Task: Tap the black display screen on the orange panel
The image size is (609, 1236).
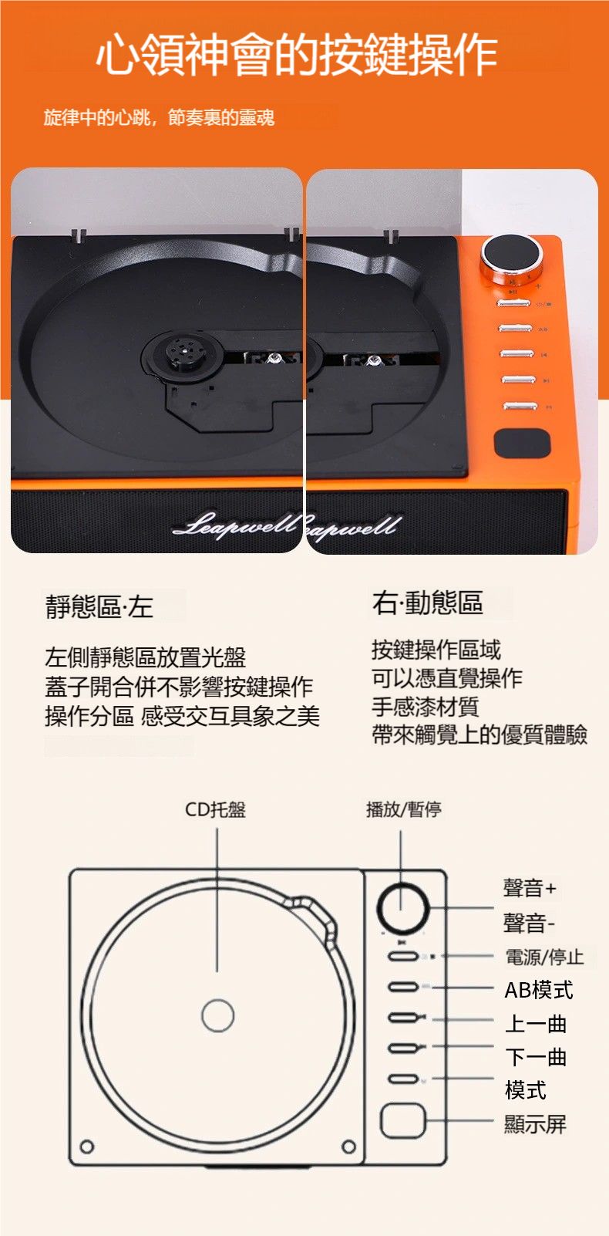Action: pos(522,443)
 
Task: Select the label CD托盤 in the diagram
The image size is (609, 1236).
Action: pos(216,809)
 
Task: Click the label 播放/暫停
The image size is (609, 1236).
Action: pos(403,809)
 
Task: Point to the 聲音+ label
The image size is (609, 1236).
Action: pos(530,888)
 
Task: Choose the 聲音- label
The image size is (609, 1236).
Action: pos(529,923)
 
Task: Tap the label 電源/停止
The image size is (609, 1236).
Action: pos(544,956)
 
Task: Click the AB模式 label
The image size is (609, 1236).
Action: pos(538,990)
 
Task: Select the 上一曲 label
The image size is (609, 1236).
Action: pos(536,1024)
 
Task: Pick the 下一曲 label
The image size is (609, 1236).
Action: pos(536,1057)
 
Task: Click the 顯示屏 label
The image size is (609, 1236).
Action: pos(535,1124)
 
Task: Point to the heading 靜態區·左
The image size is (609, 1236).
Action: pos(99,606)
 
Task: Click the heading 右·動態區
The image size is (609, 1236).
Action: pos(428,602)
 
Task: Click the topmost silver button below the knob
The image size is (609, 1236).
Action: pos(513,303)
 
